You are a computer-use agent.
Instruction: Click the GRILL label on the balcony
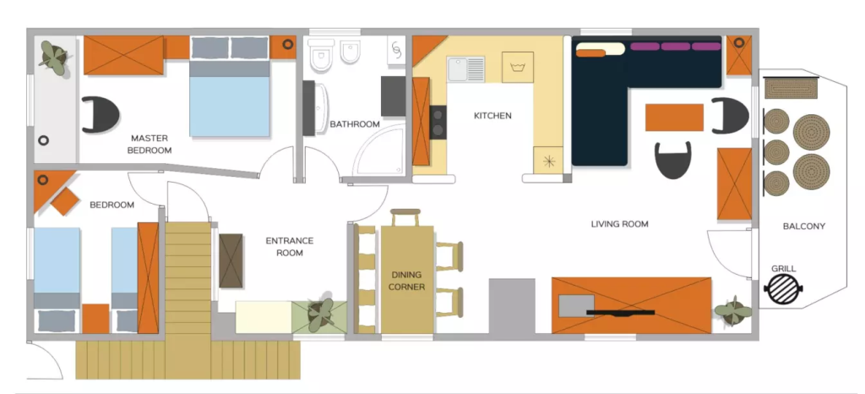coord(783,269)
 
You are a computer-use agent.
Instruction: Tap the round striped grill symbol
coord(783,288)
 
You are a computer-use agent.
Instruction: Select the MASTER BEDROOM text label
coord(150,144)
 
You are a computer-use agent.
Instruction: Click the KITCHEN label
coord(492,116)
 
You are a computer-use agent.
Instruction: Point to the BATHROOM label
coord(355,124)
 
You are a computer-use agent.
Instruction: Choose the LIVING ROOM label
coord(619,224)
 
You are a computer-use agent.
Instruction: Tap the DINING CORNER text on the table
coord(406,281)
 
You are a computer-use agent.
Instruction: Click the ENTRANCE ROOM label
coord(290,247)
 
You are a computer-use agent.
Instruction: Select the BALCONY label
coord(804,227)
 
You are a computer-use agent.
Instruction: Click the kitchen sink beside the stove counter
coord(466,69)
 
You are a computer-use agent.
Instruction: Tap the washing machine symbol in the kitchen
coord(518,68)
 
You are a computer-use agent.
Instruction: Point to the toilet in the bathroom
coord(320,55)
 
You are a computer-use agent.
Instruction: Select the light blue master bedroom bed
coord(230,86)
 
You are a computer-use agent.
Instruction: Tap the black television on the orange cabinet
coord(621,313)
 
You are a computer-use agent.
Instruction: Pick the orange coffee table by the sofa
coord(674,118)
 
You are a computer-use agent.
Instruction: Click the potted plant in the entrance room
coord(320,314)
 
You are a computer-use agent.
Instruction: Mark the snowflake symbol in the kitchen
coord(548,161)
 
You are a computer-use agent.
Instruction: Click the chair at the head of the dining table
coord(405,217)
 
